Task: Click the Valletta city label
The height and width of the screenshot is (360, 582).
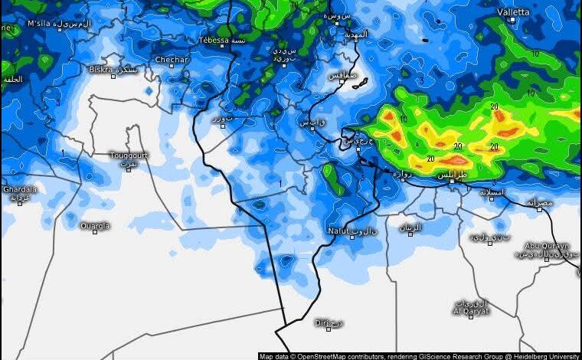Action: tap(513, 12)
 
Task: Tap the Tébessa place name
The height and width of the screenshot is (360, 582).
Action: tap(213, 40)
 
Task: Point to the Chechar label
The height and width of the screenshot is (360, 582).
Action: tap(172, 59)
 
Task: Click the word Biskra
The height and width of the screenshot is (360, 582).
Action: tap(100, 69)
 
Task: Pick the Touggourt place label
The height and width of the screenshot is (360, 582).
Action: tap(128, 155)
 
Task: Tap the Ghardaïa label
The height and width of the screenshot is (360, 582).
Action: tap(20, 188)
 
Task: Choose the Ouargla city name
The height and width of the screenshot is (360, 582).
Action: tap(95, 225)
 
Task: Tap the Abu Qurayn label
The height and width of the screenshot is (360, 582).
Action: tap(547, 246)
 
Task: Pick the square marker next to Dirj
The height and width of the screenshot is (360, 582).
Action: tap(329, 328)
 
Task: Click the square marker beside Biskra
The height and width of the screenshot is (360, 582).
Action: tap(113, 76)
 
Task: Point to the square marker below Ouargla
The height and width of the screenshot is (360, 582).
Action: tap(95, 232)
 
